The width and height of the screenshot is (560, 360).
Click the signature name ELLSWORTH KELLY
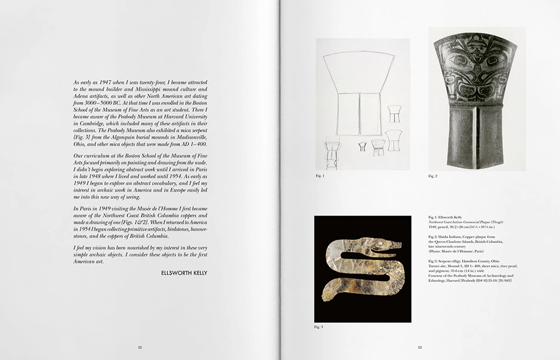point(183,273)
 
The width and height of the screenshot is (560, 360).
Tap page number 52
point(140,348)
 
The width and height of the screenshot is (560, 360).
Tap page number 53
point(420,348)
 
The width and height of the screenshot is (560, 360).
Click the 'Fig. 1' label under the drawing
point(320,176)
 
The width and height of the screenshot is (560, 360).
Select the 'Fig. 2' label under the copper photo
point(433,176)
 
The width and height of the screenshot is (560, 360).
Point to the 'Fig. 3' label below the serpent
point(318,327)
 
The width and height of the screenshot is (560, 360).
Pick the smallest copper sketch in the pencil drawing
point(361,146)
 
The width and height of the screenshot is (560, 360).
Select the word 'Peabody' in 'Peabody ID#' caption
point(482,280)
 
